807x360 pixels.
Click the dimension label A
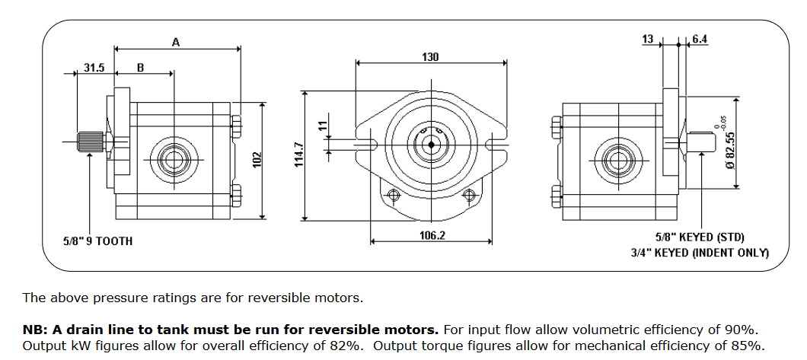[176, 43]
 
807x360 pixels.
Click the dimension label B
[140, 68]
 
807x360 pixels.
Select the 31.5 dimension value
[94, 68]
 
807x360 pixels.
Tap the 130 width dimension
[430, 57]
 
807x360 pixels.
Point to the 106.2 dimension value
[432, 235]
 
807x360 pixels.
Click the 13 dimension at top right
[648, 40]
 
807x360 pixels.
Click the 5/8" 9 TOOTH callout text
[97, 241]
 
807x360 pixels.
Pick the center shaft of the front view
[431, 142]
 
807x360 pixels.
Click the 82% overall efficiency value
[341, 346]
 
